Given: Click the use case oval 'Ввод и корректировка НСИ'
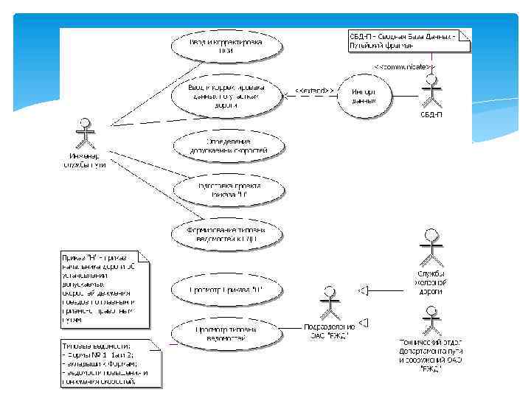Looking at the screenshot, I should coord(226,46).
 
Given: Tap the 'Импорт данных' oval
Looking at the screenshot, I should coord(364,96).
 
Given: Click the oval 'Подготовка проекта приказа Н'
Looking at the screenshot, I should coord(226,189).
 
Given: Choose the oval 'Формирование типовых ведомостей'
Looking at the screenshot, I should coord(226,234).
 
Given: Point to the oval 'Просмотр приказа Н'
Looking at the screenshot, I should coord(226,289).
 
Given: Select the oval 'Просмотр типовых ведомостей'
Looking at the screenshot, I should coord(226,333).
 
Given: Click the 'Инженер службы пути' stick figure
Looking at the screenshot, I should coord(85,133).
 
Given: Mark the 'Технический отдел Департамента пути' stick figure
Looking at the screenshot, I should coord(431,318).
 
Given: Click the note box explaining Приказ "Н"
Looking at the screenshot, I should coord(104,290).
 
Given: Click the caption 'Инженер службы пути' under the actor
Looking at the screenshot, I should coord(84,160).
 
